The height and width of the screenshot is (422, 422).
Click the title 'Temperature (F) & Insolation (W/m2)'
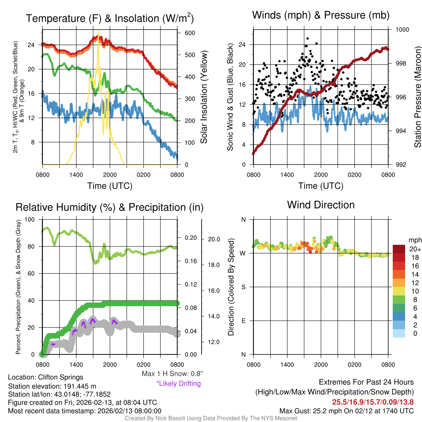[x=110, y=19]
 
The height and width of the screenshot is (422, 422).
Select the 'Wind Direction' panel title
[x=321, y=205]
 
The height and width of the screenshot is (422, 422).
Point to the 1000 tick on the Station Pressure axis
[x=402, y=30]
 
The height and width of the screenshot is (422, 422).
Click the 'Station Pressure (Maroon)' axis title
[x=417, y=97]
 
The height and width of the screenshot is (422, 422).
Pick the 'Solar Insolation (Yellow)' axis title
[x=204, y=97]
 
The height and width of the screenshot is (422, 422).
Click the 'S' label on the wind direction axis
[x=243, y=287]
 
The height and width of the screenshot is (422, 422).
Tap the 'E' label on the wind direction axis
[x=243, y=321]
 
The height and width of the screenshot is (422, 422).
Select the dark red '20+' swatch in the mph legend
[x=399, y=249]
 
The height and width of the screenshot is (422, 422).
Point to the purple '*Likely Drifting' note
[x=178, y=384]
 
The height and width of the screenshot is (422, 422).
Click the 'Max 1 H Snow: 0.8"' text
[x=172, y=374]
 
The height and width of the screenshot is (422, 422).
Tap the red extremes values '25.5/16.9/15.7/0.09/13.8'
[x=373, y=402]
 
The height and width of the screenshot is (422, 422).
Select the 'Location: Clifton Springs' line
[x=45, y=377]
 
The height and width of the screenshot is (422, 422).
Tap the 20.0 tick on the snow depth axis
[x=215, y=239]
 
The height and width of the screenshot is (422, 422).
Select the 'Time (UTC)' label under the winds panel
[x=320, y=186]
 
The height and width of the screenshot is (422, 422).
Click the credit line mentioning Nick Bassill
[x=211, y=418]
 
